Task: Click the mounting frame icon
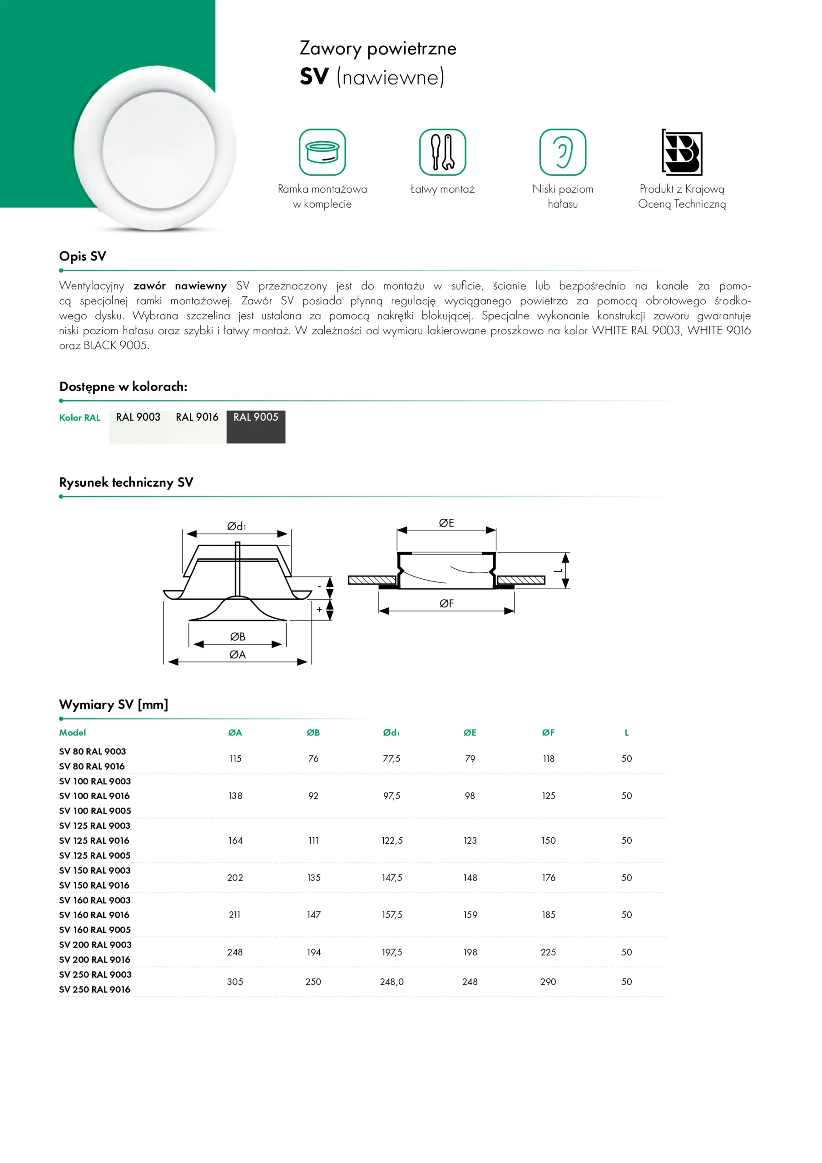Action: (x=322, y=152)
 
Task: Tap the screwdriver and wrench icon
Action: (x=442, y=152)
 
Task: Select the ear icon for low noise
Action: (x=562, y=152)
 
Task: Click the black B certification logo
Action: (x=682, y=152)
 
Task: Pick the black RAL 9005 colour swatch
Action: (x=256, y=427)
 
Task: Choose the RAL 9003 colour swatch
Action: (x=138, y=427)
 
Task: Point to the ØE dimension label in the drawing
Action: (x=446, y=523)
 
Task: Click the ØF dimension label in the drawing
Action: (x=446, y=603)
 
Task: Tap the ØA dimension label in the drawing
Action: (x=238, y=655)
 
